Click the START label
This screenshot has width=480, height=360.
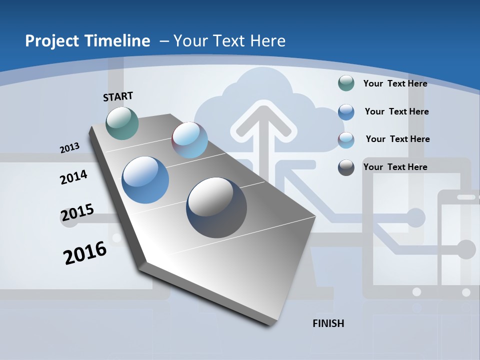118,96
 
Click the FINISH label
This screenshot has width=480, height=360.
328,323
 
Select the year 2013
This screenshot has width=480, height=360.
70,148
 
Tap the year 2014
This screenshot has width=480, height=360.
73,177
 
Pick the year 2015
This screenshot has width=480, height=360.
77,212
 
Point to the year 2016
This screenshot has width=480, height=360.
85,252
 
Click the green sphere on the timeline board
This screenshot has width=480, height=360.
122,123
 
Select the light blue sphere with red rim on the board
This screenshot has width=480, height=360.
189,140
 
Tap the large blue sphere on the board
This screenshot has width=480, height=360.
145,180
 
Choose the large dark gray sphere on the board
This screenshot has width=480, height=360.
216,207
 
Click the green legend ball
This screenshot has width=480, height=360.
346,83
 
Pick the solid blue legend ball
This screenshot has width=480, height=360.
346,112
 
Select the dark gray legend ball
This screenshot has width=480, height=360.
346,167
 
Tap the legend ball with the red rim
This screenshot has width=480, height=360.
346,140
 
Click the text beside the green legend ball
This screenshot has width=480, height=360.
395,83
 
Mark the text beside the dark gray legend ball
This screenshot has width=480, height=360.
395,167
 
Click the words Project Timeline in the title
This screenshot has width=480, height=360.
87,41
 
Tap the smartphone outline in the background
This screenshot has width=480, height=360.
457,245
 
